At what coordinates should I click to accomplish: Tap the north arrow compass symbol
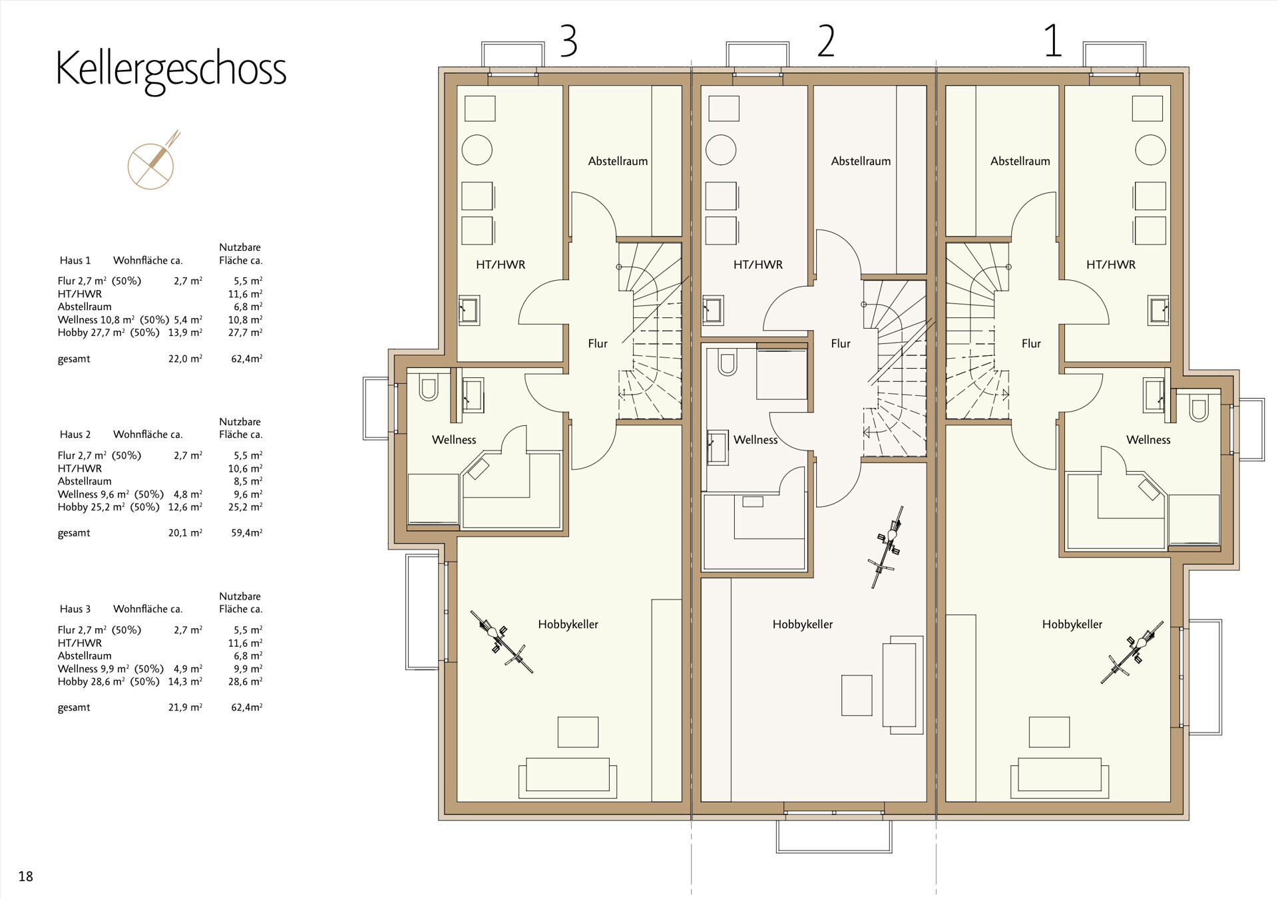[x=152, y=162]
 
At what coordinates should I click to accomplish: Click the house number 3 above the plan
[x=568, y=41]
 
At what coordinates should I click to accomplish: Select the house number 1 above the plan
[x=1052, y=41]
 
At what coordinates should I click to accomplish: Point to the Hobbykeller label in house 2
[x=802, y=624]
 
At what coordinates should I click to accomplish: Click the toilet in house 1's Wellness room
[x=1199, y=409]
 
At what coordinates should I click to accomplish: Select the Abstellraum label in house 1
[x=1020, y=161]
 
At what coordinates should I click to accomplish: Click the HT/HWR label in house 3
[x=501, y=265]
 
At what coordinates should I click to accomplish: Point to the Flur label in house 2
[x=840, y=343]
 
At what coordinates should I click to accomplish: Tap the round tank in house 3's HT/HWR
[x=477, y=150]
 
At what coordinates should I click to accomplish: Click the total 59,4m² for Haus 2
[x=246, y=533]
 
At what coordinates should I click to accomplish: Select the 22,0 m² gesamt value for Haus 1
[x=185, y=359]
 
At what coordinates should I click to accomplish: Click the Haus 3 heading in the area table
[x=75, y=609]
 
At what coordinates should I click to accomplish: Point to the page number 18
[x=25, y=876]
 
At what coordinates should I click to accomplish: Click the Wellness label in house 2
[x=755, y=440]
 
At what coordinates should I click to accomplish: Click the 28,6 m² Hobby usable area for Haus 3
[x=246, y=681]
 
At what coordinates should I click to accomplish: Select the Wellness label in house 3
[x=453, y=440]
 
